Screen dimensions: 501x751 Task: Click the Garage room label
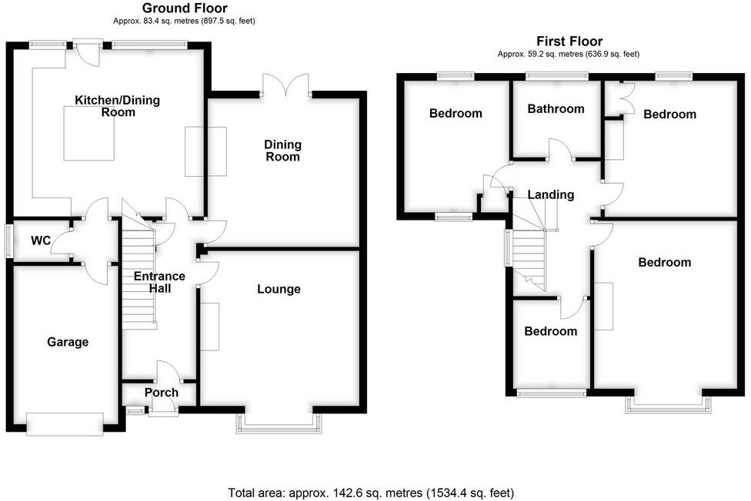click(68, 342)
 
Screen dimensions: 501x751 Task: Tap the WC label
click(41, 241)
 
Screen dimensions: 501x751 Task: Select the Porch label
click(162, 393)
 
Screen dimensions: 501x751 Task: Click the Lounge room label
click(279, 289)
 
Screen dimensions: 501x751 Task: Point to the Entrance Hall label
click(159, 282)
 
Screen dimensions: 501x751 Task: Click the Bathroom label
click(556, 109)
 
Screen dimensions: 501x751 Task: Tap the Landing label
click(551, 194)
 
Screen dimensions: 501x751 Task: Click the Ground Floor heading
click(185, 8)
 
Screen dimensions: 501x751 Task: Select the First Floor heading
click(569, 41)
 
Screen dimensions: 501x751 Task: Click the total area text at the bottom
click(371, 493)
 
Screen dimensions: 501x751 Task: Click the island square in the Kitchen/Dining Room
click(89, 134)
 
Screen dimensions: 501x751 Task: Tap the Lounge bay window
click(281, 421)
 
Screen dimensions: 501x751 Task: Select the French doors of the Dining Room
click(285, 85)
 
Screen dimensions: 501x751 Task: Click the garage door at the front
click(65, 423)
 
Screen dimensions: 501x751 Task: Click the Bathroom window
click(557, 76)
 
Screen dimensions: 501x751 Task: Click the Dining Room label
click(282, 151)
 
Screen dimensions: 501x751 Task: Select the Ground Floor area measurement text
click(184, 22)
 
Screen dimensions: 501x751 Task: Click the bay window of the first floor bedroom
click(667, 404)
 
